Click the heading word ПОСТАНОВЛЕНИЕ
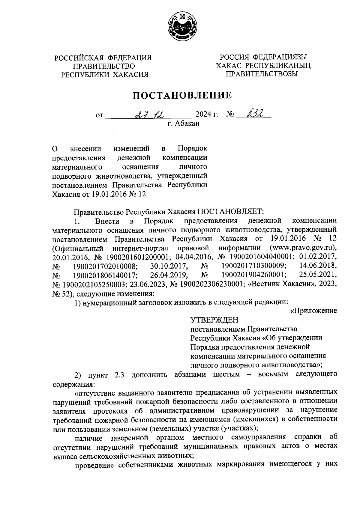[182, 95]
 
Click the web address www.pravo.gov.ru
[303, 248]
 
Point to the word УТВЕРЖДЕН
[214, 320]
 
